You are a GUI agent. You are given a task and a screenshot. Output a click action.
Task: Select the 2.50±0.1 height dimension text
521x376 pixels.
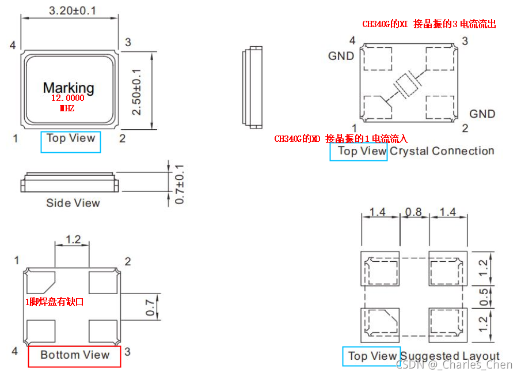click(x=136, y=91)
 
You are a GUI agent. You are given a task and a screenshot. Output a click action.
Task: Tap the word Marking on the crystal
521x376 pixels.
click(x=69, y=88)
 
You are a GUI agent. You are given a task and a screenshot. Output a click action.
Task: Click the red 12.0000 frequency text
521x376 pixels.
click(x=67, y=99)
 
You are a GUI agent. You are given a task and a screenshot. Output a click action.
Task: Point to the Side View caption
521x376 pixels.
click(x=73, y=203)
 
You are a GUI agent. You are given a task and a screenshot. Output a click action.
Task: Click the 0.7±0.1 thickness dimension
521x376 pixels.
click(x=180, y=183)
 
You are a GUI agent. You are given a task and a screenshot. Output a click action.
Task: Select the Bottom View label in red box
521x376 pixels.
click(x=74, y=355)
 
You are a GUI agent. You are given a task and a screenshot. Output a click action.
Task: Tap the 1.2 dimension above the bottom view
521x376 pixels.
click(x=73, y=239)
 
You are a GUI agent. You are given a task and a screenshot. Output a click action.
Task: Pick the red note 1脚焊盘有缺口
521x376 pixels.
click(x=55, y=302)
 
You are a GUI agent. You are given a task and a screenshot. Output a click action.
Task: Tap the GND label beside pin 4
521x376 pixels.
click(x=341, y=56)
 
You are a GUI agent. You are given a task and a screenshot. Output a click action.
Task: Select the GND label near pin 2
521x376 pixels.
click(x=482, y=114)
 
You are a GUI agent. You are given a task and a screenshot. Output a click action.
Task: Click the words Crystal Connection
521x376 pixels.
click(x=442, y=151)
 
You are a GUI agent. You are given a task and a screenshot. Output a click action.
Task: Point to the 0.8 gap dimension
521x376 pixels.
click(x=413, y=212)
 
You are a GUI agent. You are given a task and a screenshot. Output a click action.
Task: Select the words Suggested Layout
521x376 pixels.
click(x=450, y=356)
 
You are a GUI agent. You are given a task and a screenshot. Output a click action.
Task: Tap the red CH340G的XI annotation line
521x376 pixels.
click(x=429, y=24)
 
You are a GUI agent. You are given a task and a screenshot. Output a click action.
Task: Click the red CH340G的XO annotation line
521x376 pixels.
click(x=341, y=139)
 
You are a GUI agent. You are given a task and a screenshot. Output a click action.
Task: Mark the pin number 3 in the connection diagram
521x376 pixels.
click(x=464, y=41)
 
